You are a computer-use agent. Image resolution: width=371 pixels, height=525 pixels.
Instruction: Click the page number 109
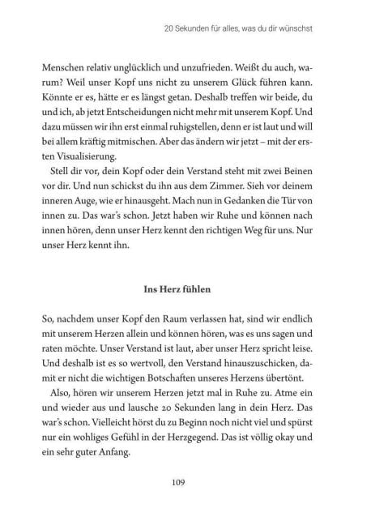[185, 484]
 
